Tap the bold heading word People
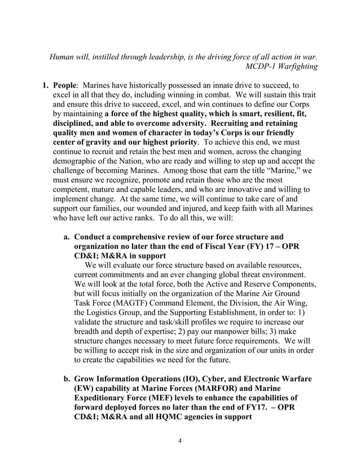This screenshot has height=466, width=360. click(x=65, y=89)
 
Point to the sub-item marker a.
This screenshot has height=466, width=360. click(x=67, y=237)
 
